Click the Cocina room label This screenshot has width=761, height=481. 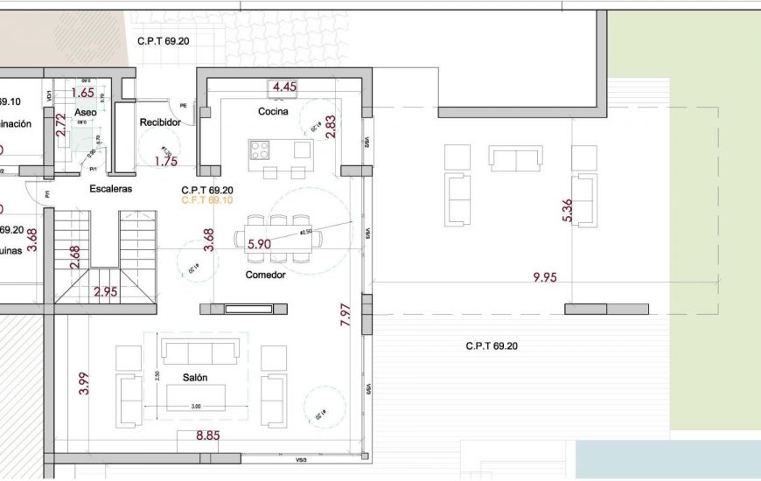pyautogui.click(x=273, y=112)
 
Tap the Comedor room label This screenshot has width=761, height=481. pyautogui.click(x=265, y=275)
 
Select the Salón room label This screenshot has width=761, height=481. pyautogui.click(x=194, y=377)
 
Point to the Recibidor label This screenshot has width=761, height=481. pyautogui.click(x=160, y=122)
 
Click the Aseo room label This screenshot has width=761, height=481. pyautogui.click(x=86, y=114)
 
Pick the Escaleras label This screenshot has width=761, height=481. pyautogui.click(x=110, y=189)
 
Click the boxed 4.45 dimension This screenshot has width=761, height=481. pyautogui.click(x=284, y=87)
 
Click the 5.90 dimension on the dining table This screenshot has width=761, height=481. pyautogui.click(x=259, y=245)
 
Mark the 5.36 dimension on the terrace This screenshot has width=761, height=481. pyautogui.click(x=568, y=210)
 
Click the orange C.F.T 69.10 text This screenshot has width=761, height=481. pyautogui.click(x=206, y=200)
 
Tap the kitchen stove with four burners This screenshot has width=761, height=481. pyautogui.click(x=260, y=150)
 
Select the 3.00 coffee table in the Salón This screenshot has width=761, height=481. pyautogui.click(x=196, y=397)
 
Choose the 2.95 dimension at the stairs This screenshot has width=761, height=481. pyautogui.click(x=105, y=292)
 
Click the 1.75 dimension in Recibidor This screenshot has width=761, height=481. pyautogui.click(x=166, y=161)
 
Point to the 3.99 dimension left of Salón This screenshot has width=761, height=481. pyautogui.click(x=84, y=384)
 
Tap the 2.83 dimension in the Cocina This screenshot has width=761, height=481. pyautogui.click(x=330, y=127)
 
